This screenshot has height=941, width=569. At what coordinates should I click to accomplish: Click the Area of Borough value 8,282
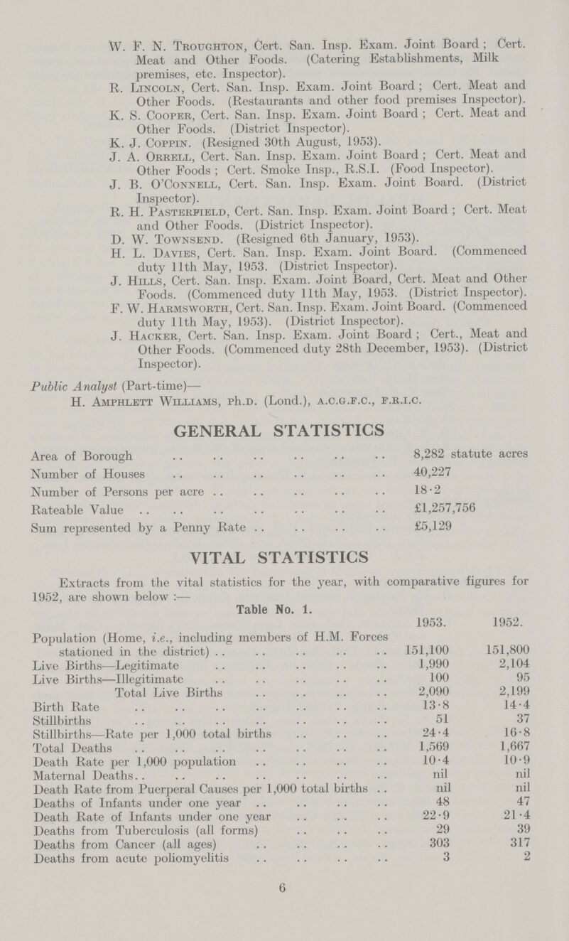[x=426, y=452]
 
